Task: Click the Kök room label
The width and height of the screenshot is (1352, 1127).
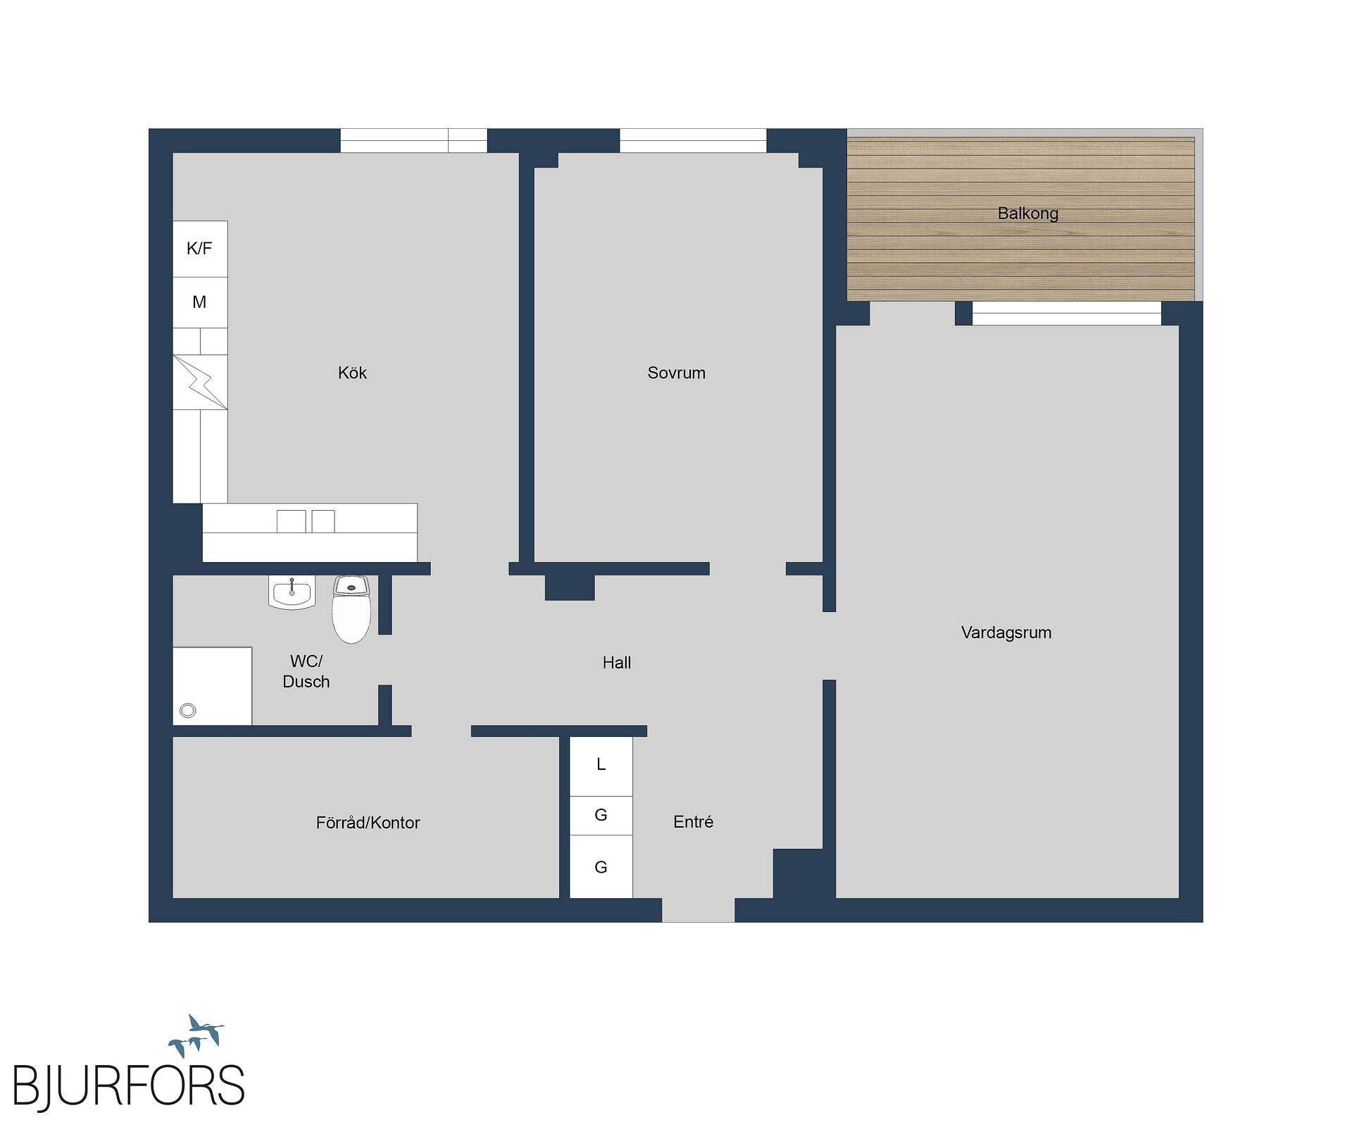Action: [x=352, y=373]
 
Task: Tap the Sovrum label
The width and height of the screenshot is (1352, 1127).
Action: [x=676, y=373]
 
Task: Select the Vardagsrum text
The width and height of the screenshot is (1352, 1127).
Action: [x=1006, y=633]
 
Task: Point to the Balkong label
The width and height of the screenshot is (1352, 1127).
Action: [x=1027, y=213]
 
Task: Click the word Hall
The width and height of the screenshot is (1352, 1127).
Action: [x=617, y=662]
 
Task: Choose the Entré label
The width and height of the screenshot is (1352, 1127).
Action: [x=693, y=821]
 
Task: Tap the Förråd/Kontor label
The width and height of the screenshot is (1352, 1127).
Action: [x=368, y=823]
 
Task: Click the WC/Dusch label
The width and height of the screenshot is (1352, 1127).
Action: [x=306, y=671]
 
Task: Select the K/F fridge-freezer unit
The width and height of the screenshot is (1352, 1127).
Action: [x=200, y=249]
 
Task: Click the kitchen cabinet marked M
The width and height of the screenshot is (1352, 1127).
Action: [x=200, y=302]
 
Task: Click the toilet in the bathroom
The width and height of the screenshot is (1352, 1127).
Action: [x=351, y=609]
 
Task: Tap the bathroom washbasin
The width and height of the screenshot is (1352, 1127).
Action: [x=292, y=592]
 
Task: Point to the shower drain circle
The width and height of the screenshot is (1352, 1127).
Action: [x=188, y=711]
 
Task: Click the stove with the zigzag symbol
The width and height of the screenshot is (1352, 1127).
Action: [x=200, y=382]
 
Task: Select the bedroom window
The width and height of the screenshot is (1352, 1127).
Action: [x=693, y=141]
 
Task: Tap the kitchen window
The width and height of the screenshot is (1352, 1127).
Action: [x=414, y=141]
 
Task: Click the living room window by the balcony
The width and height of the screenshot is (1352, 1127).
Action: [x=1067, y=313]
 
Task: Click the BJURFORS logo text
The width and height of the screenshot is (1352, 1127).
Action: [x=129, y=1085]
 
